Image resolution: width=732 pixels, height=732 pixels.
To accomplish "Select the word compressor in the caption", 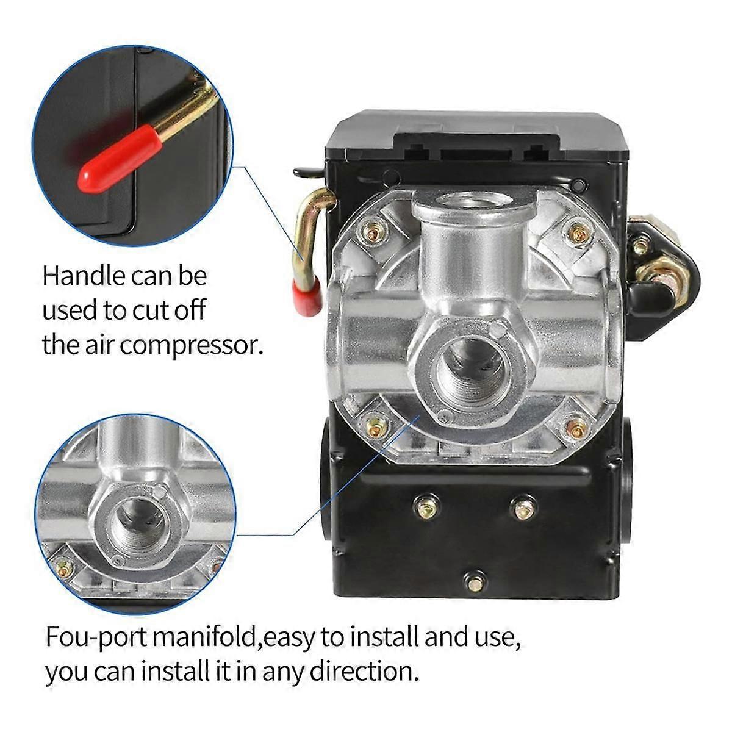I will click(192, 346).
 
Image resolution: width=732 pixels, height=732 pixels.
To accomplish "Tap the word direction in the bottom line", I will click(364, 672).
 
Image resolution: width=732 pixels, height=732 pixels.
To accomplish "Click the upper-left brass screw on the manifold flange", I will click(373, 231).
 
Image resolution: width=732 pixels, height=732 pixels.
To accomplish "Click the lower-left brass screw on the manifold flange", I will click(373, 422).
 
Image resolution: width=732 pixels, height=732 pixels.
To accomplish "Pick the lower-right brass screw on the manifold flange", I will click(575, 428).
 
